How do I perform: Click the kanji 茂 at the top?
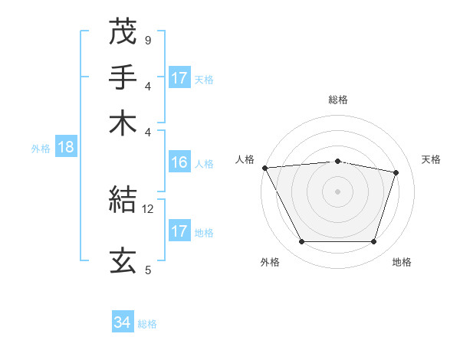[123, 31]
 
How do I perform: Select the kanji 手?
[123, 77]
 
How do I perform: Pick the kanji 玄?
[123, 260]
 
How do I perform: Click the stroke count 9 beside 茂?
[147, 39]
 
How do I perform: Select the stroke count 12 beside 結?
[148, 208]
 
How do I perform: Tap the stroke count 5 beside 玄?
[147, 269]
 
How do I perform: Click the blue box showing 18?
[65, 148]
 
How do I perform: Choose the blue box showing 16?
[179, 162]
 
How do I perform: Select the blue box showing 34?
[122, 323]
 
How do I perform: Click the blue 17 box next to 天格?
[179, 78]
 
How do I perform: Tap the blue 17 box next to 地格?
[179, 231]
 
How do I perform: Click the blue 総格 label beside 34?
[147, 324]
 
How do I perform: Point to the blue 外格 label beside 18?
[40, 149]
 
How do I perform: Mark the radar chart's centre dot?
[337, 191]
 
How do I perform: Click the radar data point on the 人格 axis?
[264, 168]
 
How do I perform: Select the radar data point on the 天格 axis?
[396, 172]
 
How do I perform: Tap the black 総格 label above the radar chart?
[337, 100]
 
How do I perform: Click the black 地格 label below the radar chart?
[402, 263]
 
